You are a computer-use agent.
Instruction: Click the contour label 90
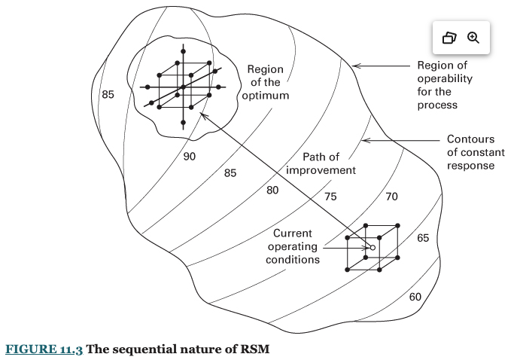point(190,157)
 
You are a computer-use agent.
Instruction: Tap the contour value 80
point(272,191)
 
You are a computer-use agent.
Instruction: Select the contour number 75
point(330,197)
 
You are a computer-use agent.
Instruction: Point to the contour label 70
point(391,197)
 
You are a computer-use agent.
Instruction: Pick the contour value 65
point(423,238)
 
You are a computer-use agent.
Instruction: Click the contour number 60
point(415,297)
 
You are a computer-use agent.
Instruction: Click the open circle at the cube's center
point(372,247)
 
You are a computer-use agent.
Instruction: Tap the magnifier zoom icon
point(473,38)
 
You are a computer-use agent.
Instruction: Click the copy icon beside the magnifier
point(449,38)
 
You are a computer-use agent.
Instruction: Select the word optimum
point(266,96)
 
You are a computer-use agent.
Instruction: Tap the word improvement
point(321,170)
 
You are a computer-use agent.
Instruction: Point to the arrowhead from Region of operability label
point(356,66)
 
